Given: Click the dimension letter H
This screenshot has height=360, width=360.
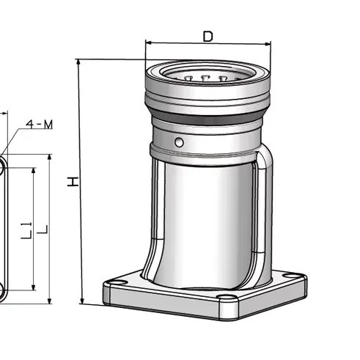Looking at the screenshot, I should pyautogui.click(x=73, y=180).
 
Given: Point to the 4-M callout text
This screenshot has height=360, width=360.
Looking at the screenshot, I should pyautogui.click(x=39, y=124).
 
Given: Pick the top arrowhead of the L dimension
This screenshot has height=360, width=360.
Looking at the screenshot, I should pyautogui.click(x=49, y=158).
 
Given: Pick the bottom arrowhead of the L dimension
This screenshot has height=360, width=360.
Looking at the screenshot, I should pyautogui.click(x=49, y=301).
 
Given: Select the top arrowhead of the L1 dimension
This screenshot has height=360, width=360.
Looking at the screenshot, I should pyautogui.click(x=32, y=171).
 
